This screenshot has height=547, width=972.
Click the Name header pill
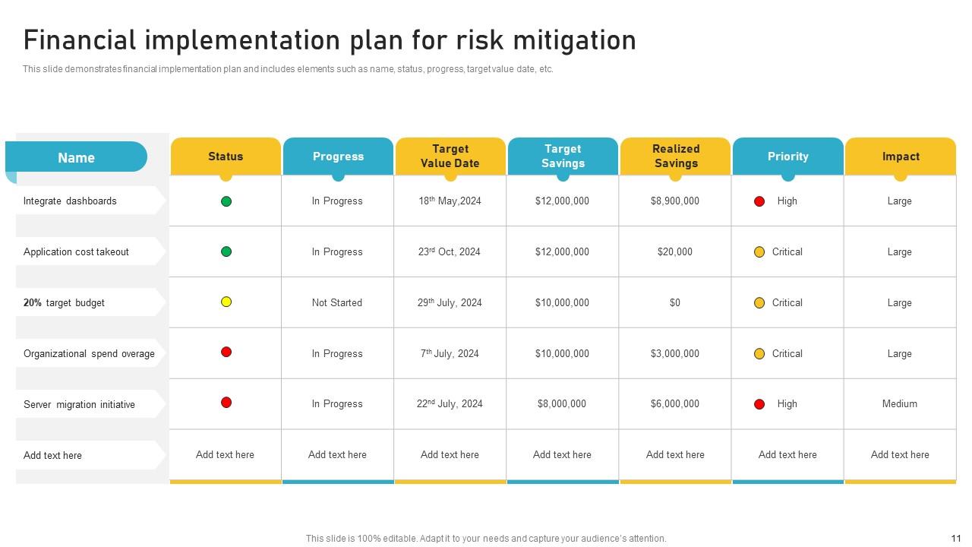click(x=77, y=157)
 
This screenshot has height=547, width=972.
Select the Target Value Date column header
click(x=450, y=157)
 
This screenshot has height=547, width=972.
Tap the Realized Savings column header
click(x=676, y=157)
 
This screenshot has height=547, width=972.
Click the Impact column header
click(x=901, y=157)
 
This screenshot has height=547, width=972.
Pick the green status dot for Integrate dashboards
click(x=226, y=201)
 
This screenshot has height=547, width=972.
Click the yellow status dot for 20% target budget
click(x=226, y=302)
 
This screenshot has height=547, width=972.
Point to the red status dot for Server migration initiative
click(x=226, y=403)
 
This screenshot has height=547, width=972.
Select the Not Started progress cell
click(x=337, y=302)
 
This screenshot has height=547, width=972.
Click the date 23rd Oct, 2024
click(x=450, y=251)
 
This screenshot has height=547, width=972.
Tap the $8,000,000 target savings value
click(x=562, y=404)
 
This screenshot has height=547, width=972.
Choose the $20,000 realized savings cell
click(x=675, y=251)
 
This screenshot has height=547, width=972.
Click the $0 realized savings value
click(x=675, y=302)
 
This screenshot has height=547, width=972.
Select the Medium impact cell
click(x=900, y=404)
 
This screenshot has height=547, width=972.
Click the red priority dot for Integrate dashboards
click(x=759, y=201)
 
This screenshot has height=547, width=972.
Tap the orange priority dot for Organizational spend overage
click(x=759, y=353)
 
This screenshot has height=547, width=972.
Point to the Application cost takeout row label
click(x=76, y=251)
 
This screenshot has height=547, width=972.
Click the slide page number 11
click(x=956, y=538)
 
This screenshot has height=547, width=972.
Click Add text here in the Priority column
click(x=787, y=454)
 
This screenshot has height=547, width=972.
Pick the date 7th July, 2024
click(x=450, y=353)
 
